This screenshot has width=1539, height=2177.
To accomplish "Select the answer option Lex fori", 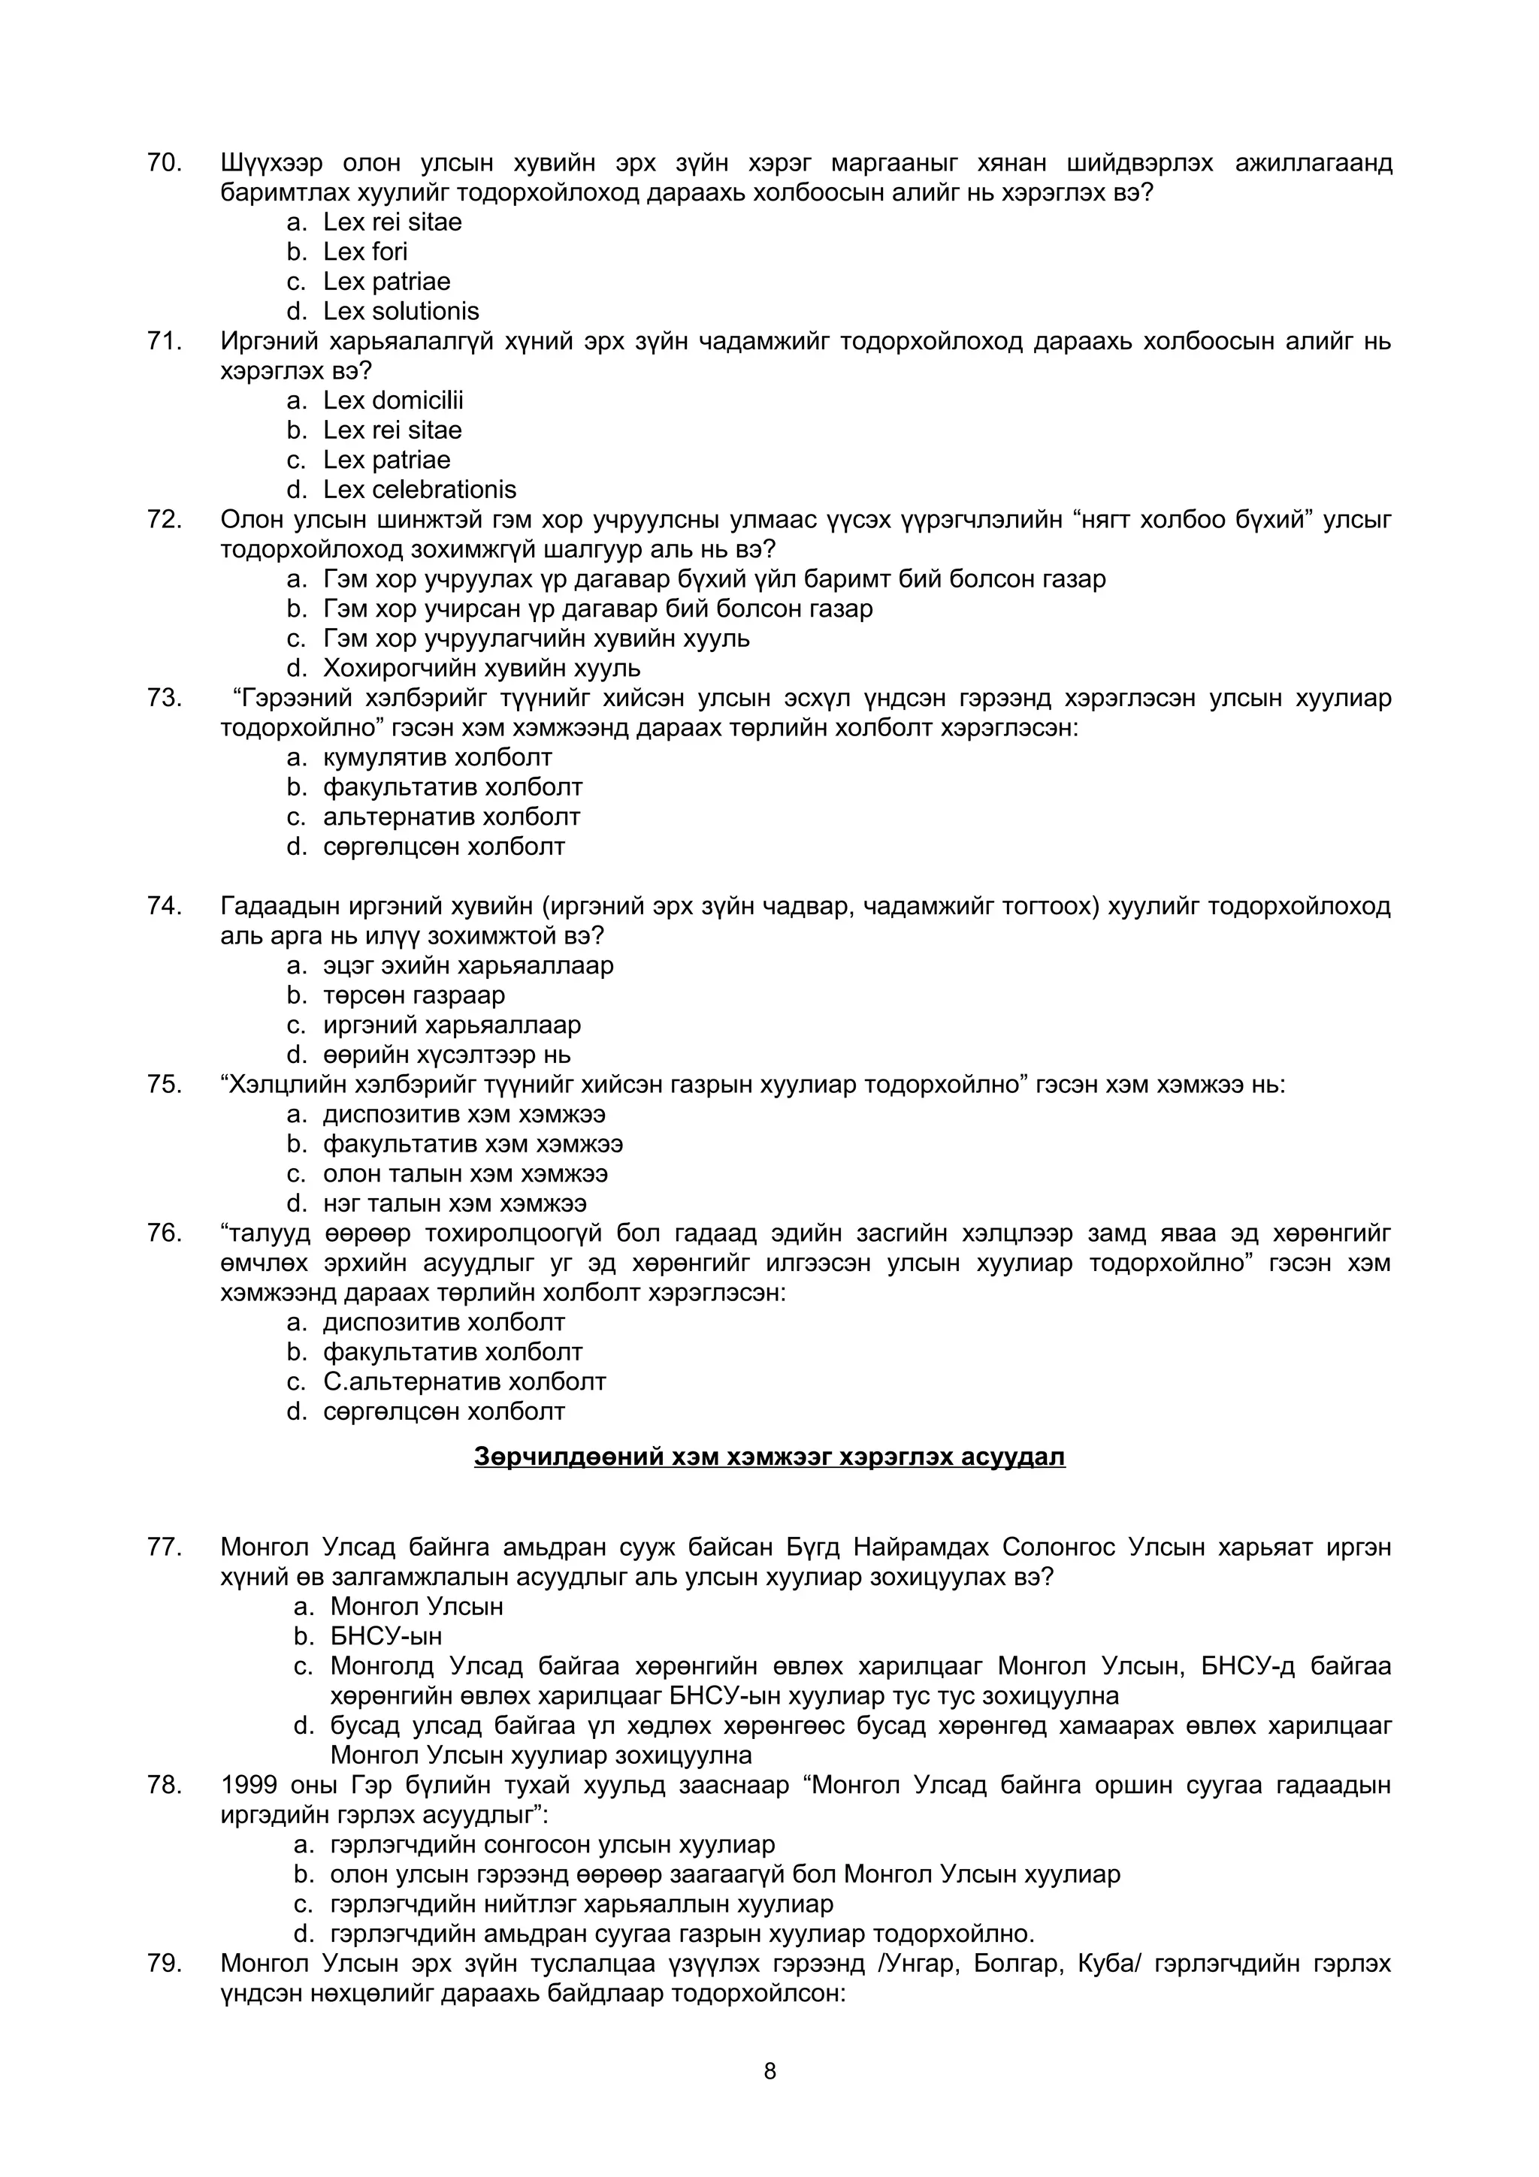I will click(365, 252).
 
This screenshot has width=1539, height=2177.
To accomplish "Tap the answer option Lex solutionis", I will click(401, 312).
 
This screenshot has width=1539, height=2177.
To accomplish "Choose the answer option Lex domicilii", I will click(392, 401).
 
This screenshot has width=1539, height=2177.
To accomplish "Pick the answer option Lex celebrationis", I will click(419, 491).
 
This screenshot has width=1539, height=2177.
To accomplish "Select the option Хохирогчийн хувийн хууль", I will click(482, 669).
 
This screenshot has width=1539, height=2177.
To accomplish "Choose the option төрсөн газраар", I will click(413, 995).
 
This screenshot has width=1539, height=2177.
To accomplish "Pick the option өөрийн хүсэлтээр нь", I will click(446, 1055).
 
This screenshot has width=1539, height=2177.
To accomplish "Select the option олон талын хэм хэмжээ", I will click(464, 1174).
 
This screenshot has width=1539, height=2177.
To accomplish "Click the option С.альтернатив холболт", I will click(464, 1381).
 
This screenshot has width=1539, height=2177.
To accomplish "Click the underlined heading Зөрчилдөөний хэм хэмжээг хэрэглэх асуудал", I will click(769, 1457).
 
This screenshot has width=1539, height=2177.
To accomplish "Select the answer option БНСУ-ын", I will click(386, 1637).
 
